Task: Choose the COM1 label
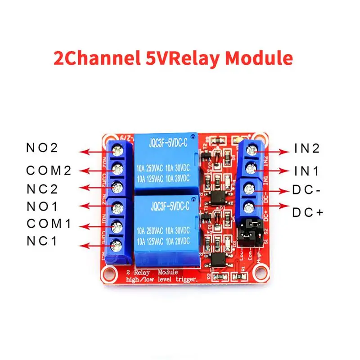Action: coord(49,224)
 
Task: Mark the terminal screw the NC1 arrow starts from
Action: coord(118,245)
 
